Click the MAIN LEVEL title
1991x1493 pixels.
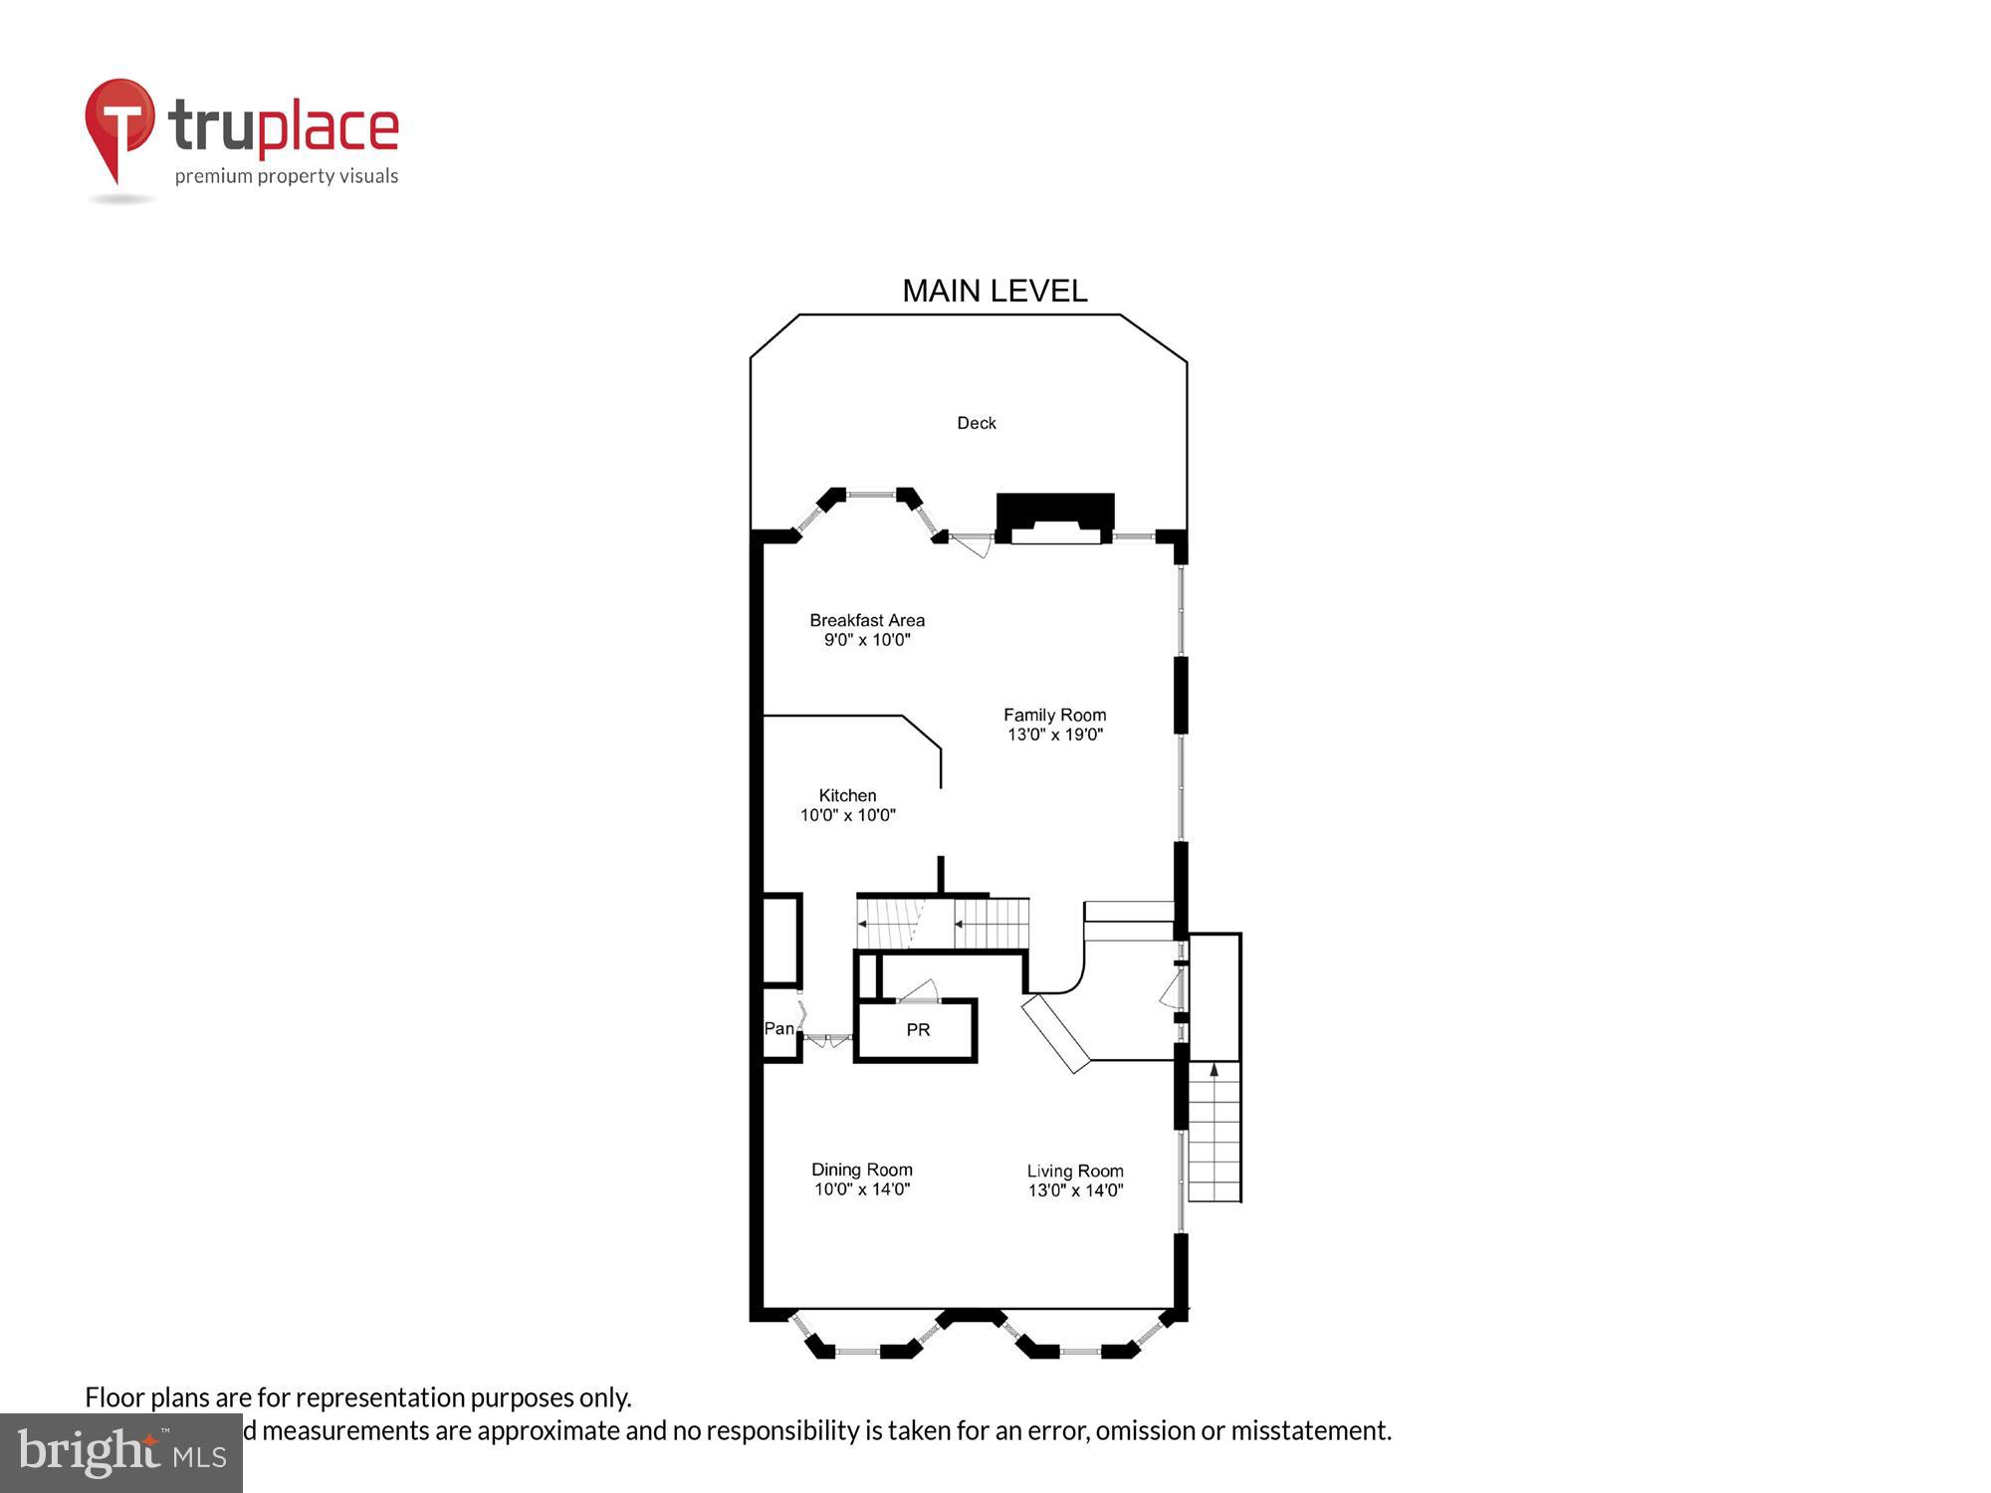point(995,291)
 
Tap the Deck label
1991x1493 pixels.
point(976,423)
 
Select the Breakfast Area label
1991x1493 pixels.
point(866,620)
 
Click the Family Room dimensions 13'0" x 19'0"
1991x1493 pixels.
point(1054,735)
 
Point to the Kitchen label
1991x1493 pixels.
point(847,795)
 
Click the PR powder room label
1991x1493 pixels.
point(918,1030)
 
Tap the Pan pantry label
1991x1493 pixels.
point(778,1028)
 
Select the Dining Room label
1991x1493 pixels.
point(861,1170)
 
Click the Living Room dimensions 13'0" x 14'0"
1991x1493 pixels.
point(1075,1190)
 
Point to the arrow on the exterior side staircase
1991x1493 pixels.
point(1214,1071)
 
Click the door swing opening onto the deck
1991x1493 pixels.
point(970,545)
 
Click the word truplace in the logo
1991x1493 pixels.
point(284,127)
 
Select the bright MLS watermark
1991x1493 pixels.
point(121,1453)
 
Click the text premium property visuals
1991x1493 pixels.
point(287,176)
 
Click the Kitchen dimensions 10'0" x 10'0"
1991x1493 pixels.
point(847,815)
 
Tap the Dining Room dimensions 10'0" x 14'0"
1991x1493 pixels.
point(861,1189)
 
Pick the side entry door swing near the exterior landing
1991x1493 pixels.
point(1171,989)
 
